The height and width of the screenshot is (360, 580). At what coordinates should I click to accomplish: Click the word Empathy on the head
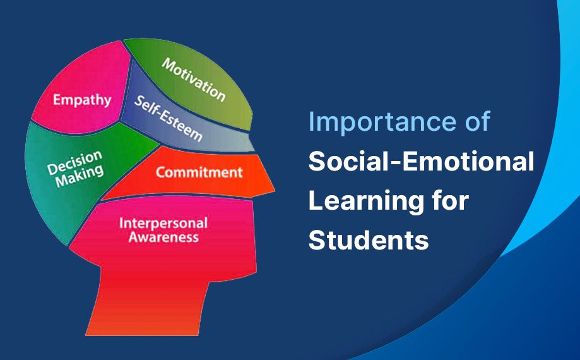82,100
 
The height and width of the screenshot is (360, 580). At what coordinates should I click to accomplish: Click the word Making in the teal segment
79,176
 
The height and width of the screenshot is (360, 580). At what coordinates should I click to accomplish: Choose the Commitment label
199,172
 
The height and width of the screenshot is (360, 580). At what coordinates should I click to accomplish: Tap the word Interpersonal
163,224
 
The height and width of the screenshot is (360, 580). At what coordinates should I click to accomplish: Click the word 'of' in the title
476,122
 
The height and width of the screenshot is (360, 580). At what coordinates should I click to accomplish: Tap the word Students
369,241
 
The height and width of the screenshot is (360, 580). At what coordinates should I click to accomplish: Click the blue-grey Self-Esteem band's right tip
251,144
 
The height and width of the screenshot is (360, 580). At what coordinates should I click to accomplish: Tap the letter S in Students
316,241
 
